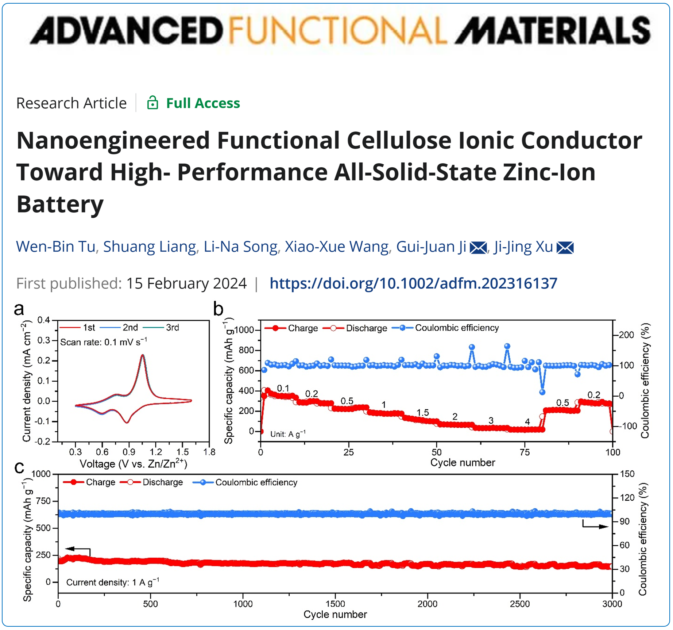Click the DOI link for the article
point(413,283)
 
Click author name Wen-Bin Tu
point(55,247)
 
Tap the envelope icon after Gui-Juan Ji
point(478,248)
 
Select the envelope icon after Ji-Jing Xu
point(565,248)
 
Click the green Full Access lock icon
point(152,103)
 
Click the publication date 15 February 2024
point(186,283)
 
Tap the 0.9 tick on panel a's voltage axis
point(129,452)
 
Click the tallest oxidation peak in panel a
point(143,355)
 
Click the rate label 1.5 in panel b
point(422,413)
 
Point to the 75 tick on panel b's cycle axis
point(525,452)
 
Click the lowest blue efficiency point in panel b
point(542,392)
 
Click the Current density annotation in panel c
point(112,582)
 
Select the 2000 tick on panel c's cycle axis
point(427,604)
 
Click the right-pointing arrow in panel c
point(598,526)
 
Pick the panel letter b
point(218,309)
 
